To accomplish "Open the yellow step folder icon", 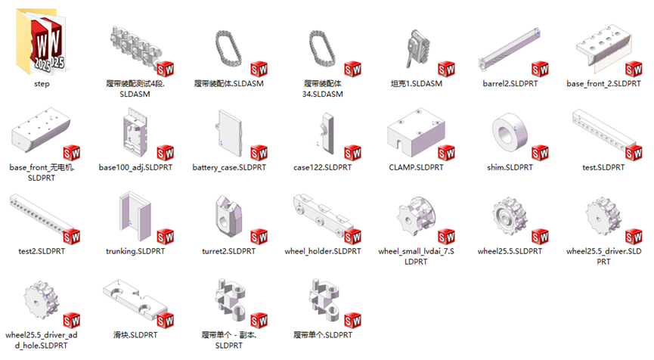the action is tap(42, 42).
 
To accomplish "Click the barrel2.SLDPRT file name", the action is tap(510, 83).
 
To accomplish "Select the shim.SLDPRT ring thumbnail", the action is tap(510, 134).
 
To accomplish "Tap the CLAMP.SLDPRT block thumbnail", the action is tap(416, 132).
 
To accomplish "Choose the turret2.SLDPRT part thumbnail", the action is tap(229, 216).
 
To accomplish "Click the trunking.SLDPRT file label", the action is tap(135, 251).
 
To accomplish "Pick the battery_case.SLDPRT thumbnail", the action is tap(228, 132).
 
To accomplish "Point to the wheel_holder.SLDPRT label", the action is tap(322, 251).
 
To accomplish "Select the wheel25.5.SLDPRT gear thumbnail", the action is tap(510, 217).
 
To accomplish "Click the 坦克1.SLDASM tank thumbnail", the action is tap(417, 48).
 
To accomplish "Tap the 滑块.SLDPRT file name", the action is tap(135, 335).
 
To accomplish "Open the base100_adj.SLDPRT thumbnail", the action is tap(135, 132).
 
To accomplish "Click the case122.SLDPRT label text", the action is tap(322, 167).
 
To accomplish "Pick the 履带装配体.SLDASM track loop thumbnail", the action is tap(228, 48).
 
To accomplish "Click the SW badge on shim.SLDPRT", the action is tap(540, 153).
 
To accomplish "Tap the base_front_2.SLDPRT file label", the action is tap(603, 83).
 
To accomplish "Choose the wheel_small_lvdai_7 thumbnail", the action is tap(416, 217).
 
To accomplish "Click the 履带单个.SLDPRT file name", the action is tap(322, 335).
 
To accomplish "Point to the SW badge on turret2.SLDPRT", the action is tap(259, 237).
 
